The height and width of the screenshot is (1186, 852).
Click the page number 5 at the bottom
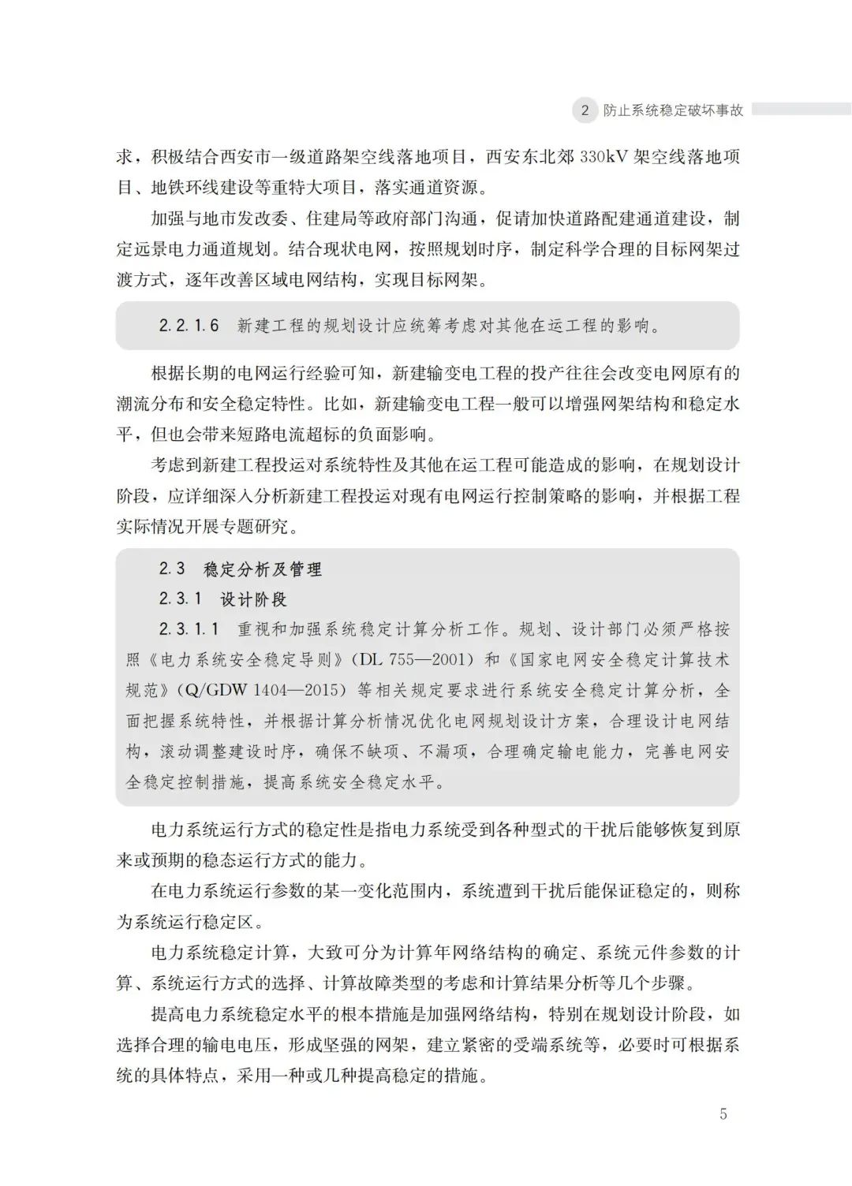pyautogui.click(x=723, y=1114)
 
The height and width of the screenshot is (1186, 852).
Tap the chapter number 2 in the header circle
pyautogui.click(x=585, y=110)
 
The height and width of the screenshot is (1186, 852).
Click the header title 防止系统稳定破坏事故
pyautogui.click(x=673, y=110)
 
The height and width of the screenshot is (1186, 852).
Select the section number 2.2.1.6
pyautogui.click(x=189, y=326)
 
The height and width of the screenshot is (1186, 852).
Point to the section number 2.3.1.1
pyautogui.click(x=189, y=629)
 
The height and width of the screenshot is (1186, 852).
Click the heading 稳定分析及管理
pyautogui.click(x=263, y=569)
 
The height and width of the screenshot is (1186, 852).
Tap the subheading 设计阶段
pyautogui.click(x=254, y=599)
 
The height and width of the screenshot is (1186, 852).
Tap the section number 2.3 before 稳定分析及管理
pyautogui.click(x=172, y=569)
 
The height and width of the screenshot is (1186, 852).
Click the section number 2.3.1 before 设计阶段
pyautogui.click(x=180, y=599)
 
